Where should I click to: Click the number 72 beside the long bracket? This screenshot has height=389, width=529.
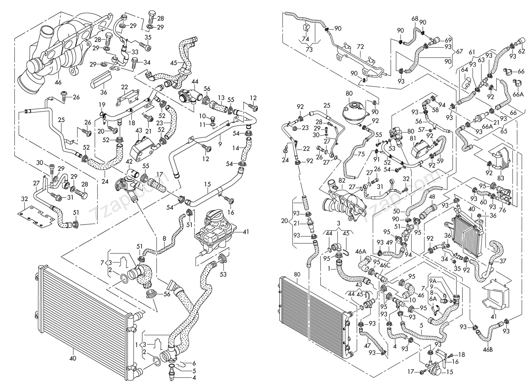[x=360, y=47]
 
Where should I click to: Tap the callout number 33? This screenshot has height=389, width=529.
[x=135, y=52]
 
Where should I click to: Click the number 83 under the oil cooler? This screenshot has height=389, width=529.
[x=501, y=178]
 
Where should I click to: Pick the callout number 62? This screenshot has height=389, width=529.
[x=521, y=52]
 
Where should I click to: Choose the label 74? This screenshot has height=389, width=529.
[x=306, y=39]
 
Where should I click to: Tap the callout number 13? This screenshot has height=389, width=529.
[x=221, y=97]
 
